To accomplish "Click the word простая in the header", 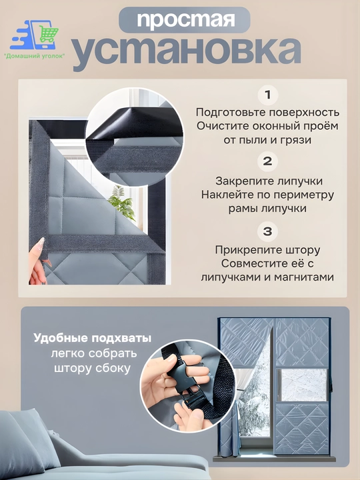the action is click(185, 20).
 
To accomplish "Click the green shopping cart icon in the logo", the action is click(48, 34).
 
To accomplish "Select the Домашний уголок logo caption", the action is click(34, 56).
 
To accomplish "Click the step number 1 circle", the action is click(267, 95).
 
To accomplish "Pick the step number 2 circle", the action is click(267, 161).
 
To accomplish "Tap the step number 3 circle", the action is click(267, 231).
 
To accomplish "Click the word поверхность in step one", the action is click(304, 113).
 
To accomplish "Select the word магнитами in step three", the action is click(304, 277).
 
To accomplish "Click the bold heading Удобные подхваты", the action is click(93, 339).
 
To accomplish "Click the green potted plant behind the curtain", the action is click(122, 203).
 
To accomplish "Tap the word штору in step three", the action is click(303, 251).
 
